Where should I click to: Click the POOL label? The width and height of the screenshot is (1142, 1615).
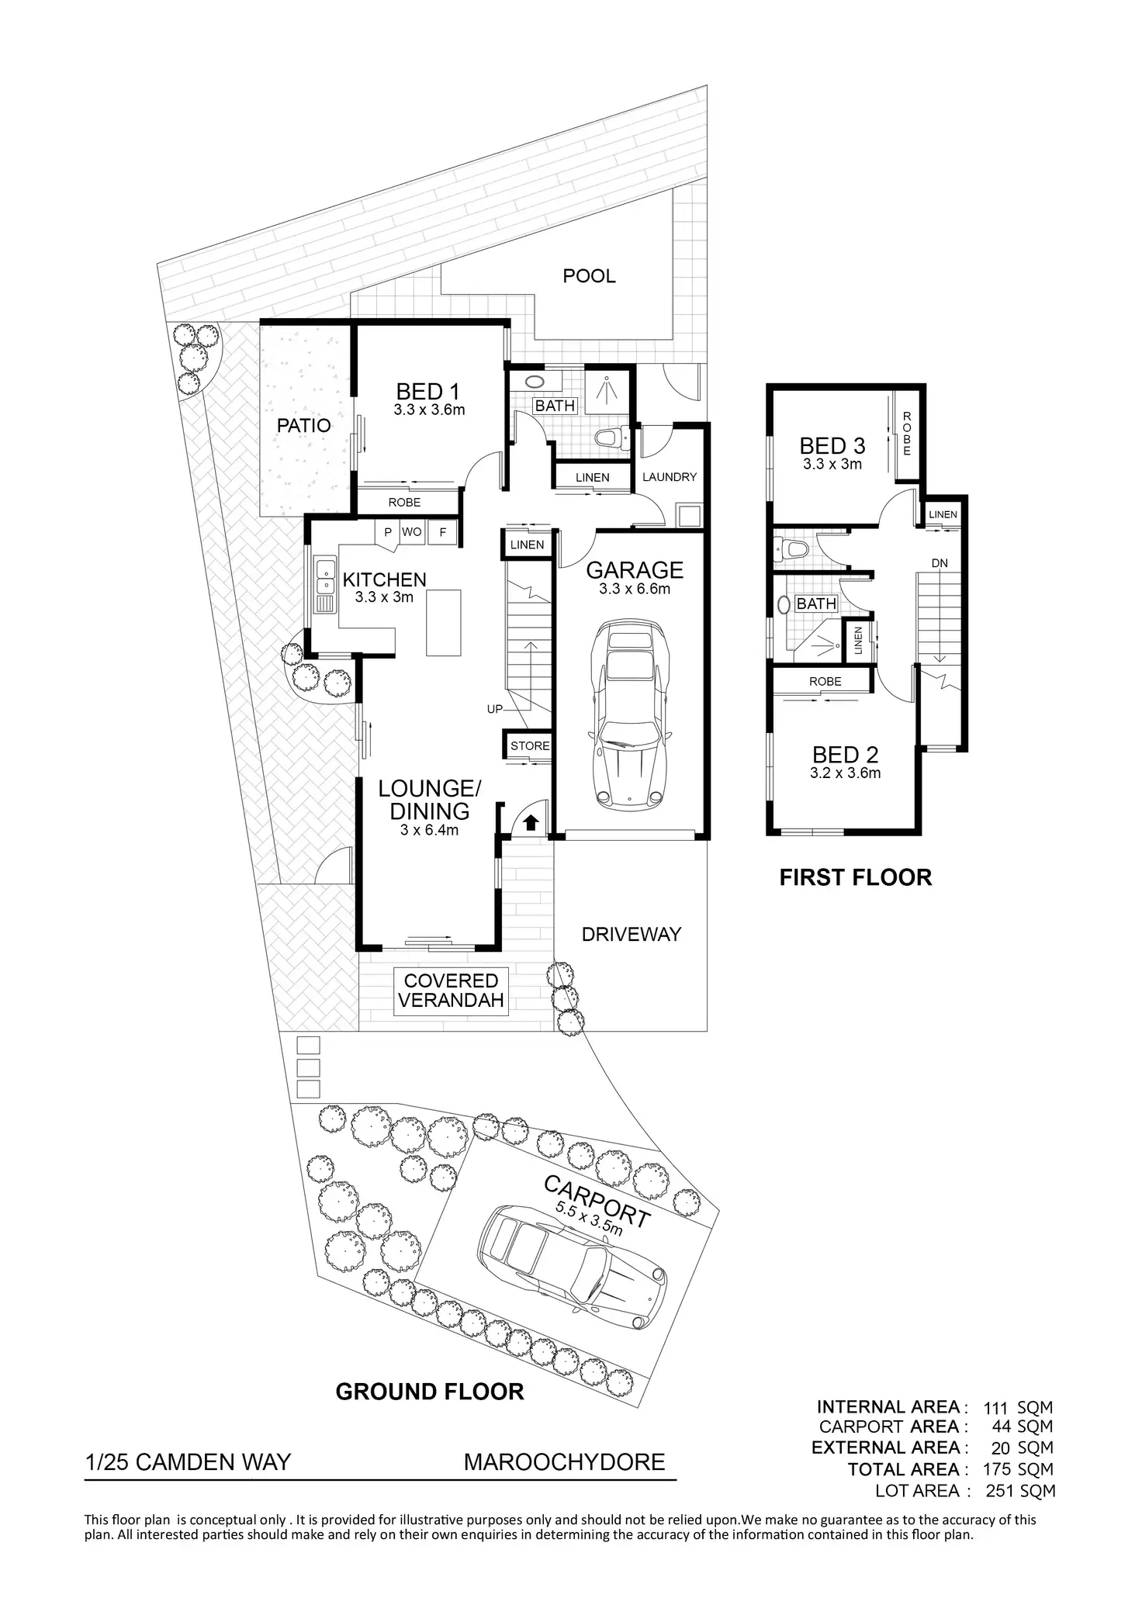click(x=589, y=276)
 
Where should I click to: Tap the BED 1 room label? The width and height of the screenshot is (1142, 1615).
click(x=428, y=392)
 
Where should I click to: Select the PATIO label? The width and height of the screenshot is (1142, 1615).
click(x=304, y=425)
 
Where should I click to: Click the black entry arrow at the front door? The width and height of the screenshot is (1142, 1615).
click(x=531, y=822)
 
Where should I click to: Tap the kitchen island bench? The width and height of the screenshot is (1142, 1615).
click(x=443, y=623)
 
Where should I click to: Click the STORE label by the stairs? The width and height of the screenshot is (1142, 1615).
click(x=530, y=746)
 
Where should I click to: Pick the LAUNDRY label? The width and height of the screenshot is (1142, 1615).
click(x=670, y=477)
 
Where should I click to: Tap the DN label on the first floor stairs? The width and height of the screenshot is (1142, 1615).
click(x=940, y=563)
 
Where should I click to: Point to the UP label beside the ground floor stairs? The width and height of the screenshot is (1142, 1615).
click(x=495, y=709)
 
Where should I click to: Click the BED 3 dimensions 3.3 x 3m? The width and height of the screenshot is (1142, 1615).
click(x=832, y=465)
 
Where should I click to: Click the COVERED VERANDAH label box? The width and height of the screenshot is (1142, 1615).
click(x=451, y=991)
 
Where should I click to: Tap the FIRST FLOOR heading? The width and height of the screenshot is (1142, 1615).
click(x=855, y=877)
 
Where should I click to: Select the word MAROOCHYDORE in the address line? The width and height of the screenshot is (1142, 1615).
click(x=564, y=1462)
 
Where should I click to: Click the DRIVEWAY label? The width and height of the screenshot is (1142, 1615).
click(x=632, y=934)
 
